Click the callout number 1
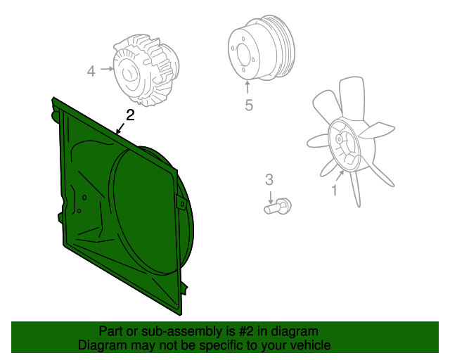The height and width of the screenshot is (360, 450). [x=335, y=190]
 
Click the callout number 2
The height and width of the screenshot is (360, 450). [x=129, y=115]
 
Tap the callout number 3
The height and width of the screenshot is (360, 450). [x=269, y=181]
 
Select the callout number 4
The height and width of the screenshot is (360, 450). [x=91, y=70]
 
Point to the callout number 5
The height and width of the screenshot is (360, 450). [x=248, y=105]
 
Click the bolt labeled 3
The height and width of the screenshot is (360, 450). [x=278, y=207]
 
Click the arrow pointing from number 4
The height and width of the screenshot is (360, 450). [x=106, y=70]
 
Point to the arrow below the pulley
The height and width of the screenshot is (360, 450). [x=247, y=88]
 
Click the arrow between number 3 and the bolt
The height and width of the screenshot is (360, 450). [x=270, y=195]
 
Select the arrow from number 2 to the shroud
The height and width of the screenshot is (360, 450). [x=121, y=127]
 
